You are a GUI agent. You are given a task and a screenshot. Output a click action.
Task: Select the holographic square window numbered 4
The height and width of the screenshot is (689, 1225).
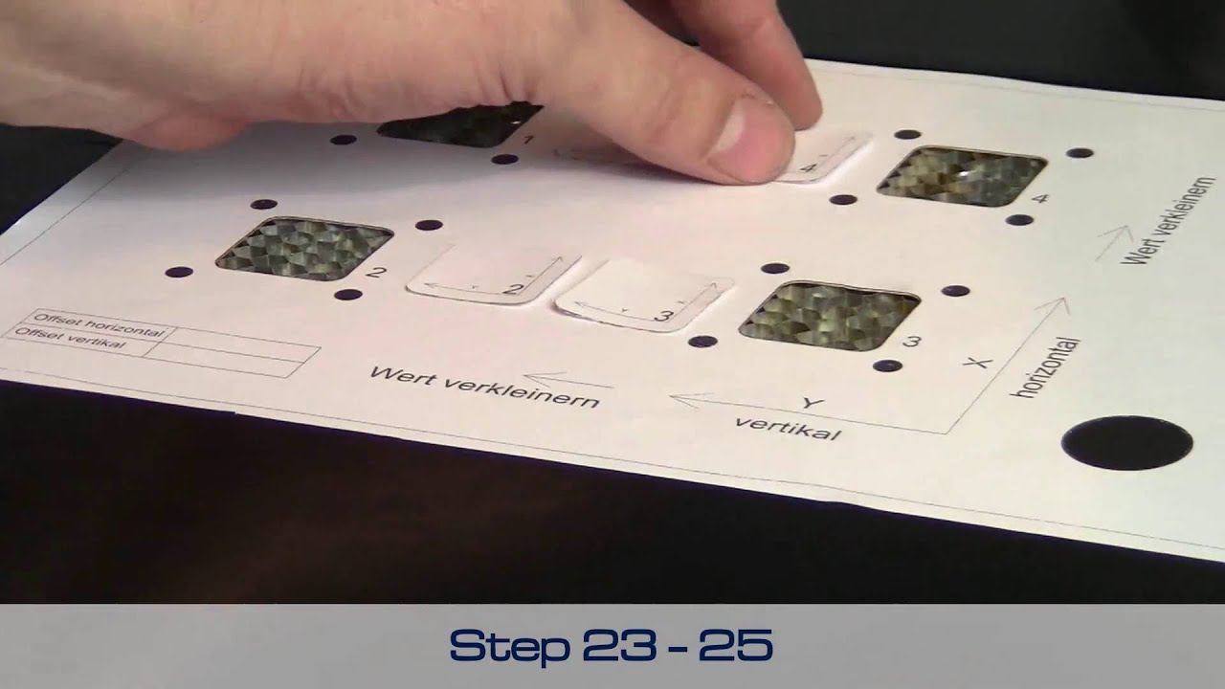click(961, 176)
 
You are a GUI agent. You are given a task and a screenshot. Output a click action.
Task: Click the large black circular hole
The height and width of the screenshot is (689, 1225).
click(1126, 443)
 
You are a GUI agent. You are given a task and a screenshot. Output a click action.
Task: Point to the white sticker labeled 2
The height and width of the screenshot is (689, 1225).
click(492, 276)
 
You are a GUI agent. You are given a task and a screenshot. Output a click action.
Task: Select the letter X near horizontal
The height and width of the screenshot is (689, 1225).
click(976, 363)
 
